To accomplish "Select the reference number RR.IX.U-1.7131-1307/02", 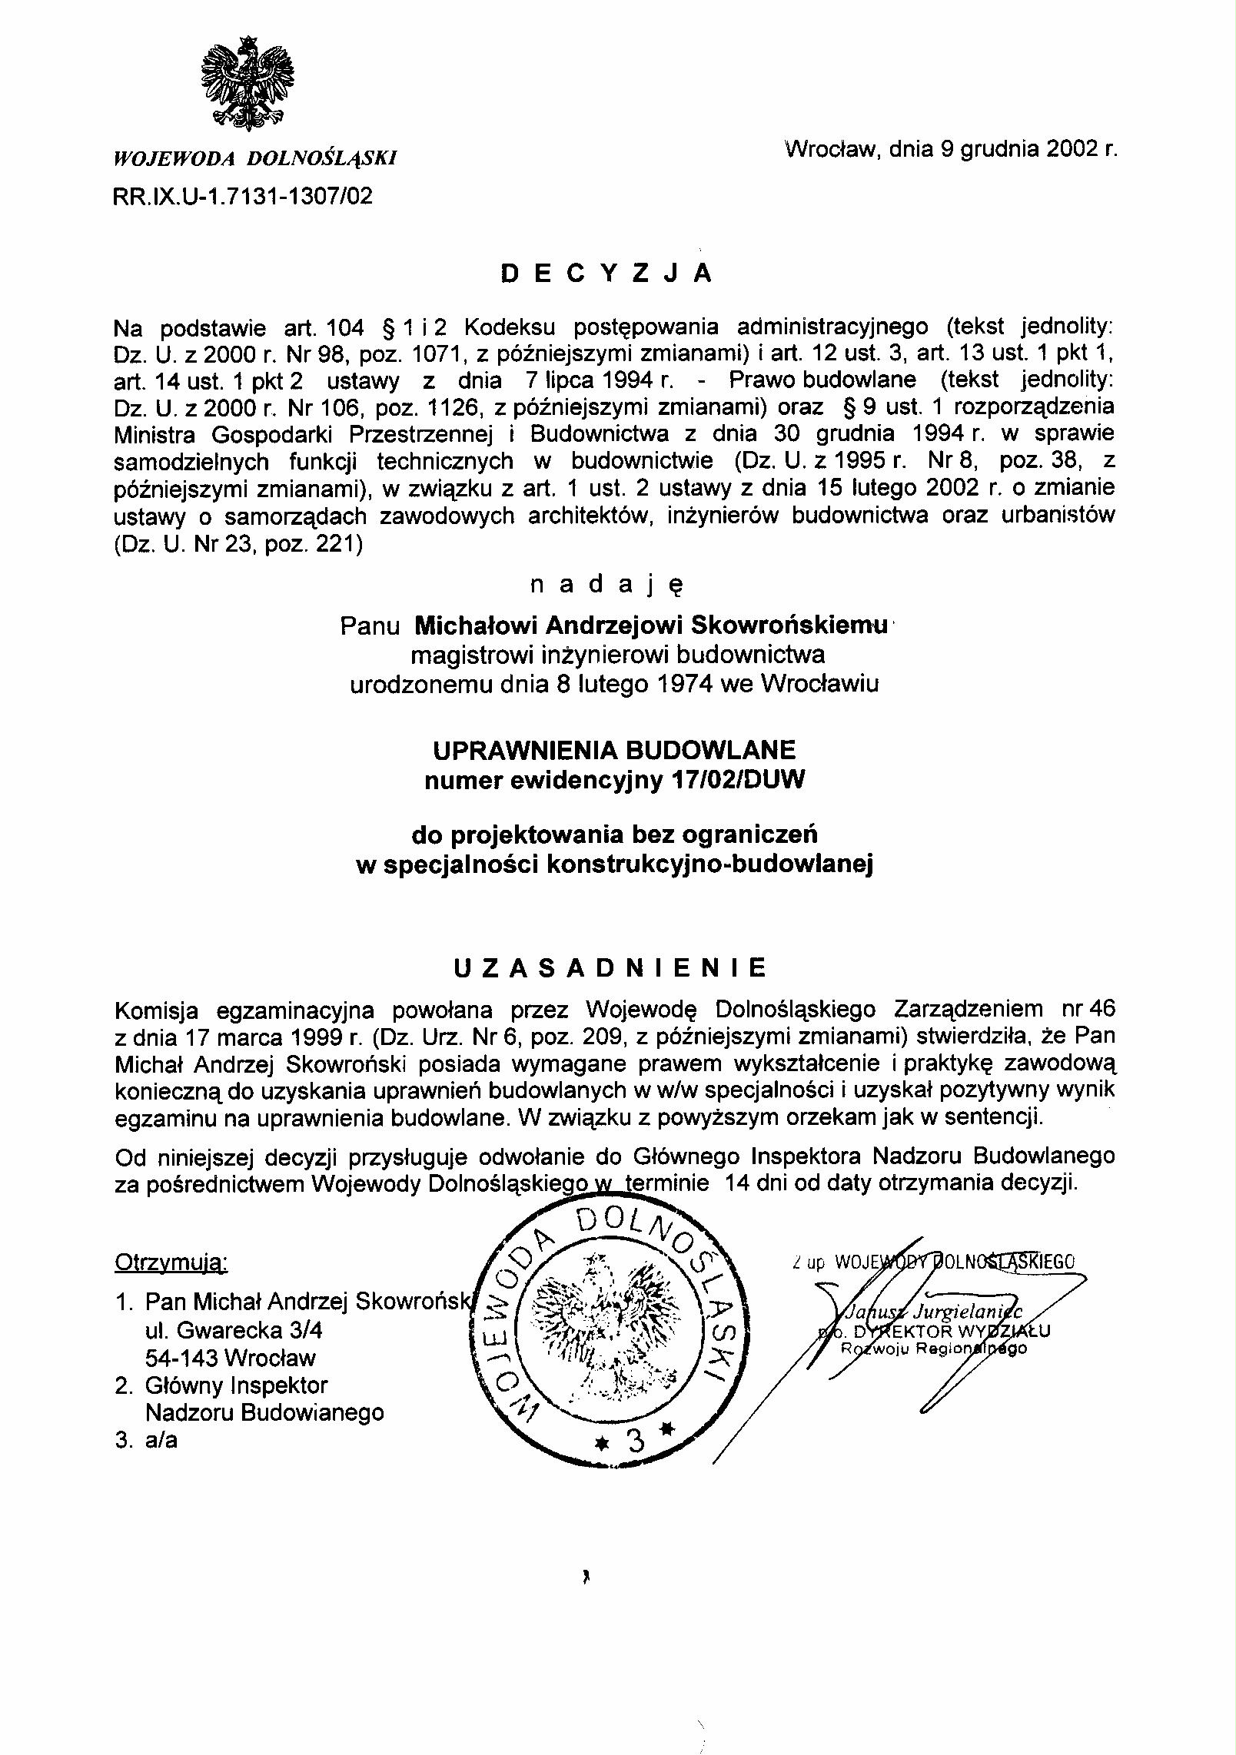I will pyautogui.click(x=243, y=197).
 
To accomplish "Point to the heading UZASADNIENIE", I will pyautogui.click(x=610, y=968).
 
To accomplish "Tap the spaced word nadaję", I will pyautogui.click(x=606, y=586).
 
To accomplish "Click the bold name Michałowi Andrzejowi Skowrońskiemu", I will pyautogui.click(x=650, y=625).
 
